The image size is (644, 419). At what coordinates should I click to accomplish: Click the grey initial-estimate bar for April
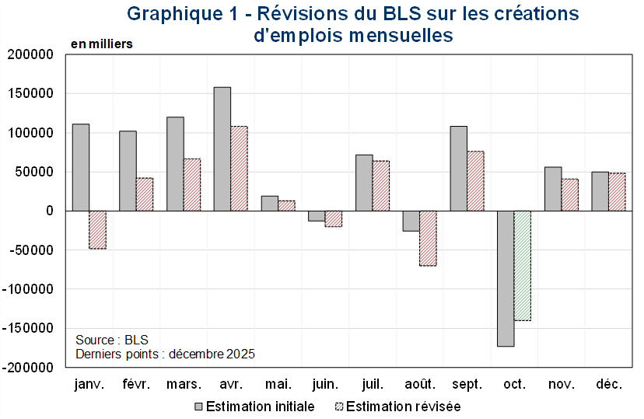point(222,148)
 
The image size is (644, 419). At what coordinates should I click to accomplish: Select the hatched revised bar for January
point(97,229)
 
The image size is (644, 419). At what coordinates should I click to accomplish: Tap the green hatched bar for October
point(522,265)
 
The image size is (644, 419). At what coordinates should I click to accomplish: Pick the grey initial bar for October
point(506,278)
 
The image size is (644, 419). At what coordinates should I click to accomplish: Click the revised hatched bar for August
point(428,238)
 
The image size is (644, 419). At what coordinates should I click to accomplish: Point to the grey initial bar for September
point(458,168)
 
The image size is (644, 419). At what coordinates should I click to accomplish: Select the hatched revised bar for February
point(145,194)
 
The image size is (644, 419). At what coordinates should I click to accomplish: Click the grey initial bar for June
point(317,216)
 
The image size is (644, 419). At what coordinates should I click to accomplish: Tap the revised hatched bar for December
point(617,191)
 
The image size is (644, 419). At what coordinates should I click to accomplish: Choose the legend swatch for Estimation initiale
point(198,407)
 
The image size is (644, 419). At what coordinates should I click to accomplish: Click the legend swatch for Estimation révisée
point(338,407)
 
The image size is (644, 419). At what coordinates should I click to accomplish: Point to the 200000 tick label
point(30,55)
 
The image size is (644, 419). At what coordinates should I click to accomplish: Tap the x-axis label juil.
point(373,385)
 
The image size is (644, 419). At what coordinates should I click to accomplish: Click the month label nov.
point(562,385)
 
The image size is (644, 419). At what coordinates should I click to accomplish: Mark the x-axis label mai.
point(278,385)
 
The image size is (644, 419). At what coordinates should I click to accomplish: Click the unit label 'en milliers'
point(102,44)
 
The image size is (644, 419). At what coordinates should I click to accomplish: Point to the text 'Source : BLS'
point(112,340)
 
